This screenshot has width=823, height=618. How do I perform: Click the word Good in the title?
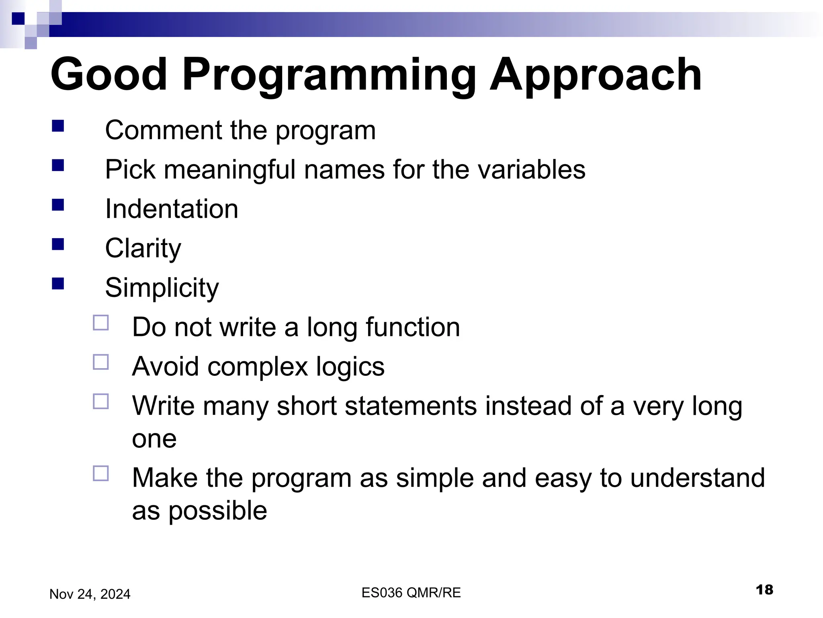click(x=109, y=75)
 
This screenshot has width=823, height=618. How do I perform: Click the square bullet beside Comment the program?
click(x=58, y=126)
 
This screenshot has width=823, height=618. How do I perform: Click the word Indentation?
click(x=172, y=209)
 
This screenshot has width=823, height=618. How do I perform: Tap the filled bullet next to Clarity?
click(x=58, y=244)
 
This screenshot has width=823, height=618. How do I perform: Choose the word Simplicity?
click(x=162, y=288)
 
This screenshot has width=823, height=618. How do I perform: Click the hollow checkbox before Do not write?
click(x=101, y=323)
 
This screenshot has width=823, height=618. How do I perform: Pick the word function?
click(x=413, y=327)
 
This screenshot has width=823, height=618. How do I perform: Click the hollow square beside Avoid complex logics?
click(x=101, y=362)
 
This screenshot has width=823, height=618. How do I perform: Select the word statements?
click(x=410, y=406)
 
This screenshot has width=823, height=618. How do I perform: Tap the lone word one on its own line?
click(x=154, y=439)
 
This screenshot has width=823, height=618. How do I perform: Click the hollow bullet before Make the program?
click(x=101, y=474)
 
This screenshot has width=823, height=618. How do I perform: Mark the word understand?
click(x=697, y=478)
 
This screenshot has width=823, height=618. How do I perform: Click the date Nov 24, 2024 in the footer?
click(x=90, y=594)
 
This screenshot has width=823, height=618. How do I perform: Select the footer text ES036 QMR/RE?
click(x=411, y=593)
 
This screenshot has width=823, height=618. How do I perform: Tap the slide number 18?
click(x=764, y=590)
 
